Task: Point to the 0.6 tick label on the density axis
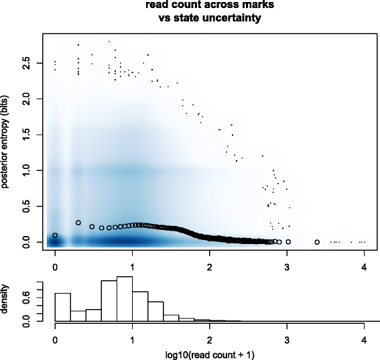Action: (26, 301)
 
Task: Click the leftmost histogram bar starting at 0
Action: (62, 308)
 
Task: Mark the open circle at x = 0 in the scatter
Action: (55, 235)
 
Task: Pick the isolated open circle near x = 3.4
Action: (317, 241)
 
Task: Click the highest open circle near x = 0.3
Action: (78, 223)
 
